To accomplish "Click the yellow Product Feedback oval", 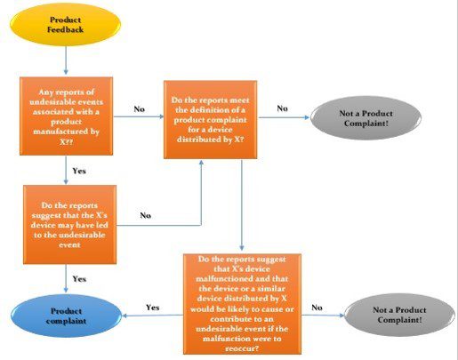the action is point(65,25).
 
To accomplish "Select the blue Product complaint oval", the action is point(66,316).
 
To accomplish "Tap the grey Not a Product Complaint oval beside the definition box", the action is point(366,118).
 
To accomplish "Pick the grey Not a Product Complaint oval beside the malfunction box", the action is point(399,315).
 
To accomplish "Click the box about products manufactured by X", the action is point(66,116).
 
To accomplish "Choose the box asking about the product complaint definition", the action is point(211,119).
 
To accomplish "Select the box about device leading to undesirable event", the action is point(69,225).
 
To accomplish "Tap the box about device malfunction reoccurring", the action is point(242,304).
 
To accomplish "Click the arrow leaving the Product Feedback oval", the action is point(66,60).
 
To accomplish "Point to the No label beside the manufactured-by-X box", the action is point(139,109).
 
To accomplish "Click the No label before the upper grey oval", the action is point(282,108).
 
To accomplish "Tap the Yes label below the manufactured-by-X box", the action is point(79,171).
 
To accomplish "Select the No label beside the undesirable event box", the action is point(145,215).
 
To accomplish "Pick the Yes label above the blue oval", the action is point(79,279).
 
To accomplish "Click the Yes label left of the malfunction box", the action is point(152,308).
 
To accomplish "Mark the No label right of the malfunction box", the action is point(317,308).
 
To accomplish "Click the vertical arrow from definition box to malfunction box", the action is point(242,205).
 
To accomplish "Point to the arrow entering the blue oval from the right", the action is point(152,316).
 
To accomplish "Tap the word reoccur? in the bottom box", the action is point(242,348).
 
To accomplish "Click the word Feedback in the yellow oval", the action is point(65,29).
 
